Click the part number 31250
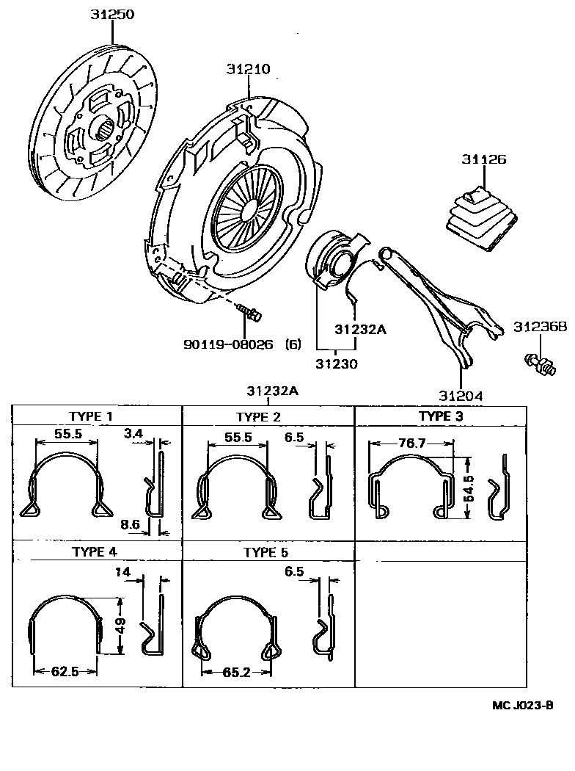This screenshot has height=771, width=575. pyautogui.click(x=112, y=15)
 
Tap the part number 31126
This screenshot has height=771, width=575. pyautogui.click(x=483, y=159)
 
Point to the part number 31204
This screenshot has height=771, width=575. pyautogui.click(x=461, y=396)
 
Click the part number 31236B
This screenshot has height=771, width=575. pyautogui.click(x=541, y=326)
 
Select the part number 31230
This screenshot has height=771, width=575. pyautogui.click(x=337, y=363)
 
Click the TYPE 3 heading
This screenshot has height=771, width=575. pyautogui.click(x=441, y=416)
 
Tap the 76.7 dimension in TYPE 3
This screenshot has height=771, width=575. pyautogui.click(x=410, y=443)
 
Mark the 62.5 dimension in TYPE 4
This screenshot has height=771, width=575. pyautogui.click(x=65, y=671)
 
